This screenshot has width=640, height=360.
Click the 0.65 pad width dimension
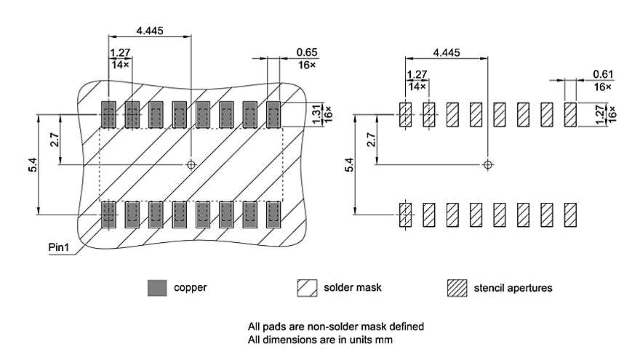[306, 53]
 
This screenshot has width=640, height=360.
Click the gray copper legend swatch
[156, 288]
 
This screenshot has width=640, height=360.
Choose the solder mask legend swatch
[306, 288]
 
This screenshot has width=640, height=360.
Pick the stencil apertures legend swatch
[456, 288]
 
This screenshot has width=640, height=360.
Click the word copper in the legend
[190, 287]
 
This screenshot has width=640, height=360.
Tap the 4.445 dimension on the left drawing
[149, 30]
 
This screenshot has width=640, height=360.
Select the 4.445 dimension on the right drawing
[446, 52]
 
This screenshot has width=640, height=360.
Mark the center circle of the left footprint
[191, 164]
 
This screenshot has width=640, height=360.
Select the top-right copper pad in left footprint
[273, 114]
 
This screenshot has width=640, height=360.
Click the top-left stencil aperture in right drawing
[406, 114]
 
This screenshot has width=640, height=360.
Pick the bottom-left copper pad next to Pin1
[108, 214]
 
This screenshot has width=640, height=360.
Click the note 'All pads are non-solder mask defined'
[336, 327]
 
